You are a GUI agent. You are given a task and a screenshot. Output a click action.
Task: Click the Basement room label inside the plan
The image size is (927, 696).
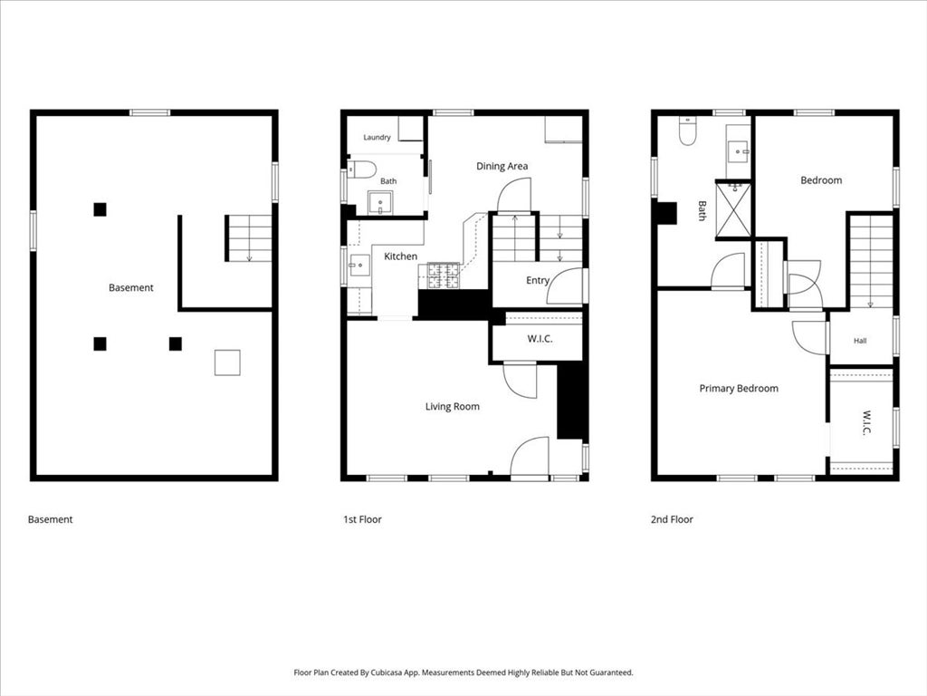[x=130, y=287]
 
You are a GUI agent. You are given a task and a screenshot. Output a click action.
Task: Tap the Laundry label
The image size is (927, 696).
[x=377, y=138]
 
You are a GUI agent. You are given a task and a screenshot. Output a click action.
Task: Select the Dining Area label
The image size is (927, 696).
[x=502, y=167]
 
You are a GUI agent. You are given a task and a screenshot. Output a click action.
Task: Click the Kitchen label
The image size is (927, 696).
[x=400, y=256]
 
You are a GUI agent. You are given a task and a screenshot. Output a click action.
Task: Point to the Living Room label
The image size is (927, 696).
[x=453, y=407]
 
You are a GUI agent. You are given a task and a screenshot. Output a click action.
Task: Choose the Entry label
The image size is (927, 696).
[x=538, y=281]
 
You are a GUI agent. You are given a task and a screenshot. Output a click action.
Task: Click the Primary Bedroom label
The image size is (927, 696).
[x=739, y=388]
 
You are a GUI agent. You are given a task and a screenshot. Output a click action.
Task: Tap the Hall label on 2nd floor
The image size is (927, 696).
[x=860, y=341]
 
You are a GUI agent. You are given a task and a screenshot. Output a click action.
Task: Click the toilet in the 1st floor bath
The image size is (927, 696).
[x=362, y=169]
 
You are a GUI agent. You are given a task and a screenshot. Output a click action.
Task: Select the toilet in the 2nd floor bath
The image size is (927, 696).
[x=687, y=130]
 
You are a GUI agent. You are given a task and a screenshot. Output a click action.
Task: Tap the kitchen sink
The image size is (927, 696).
[x=358, y=266]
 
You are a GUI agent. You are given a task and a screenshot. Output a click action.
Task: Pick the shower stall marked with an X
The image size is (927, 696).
[x=733, y=210]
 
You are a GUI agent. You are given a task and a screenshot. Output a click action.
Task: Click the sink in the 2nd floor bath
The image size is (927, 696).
[x=739, y=151]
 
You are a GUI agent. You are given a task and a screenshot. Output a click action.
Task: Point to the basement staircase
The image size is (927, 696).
[x=249, y=238]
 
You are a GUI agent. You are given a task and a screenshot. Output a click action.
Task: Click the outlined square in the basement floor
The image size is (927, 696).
[x=227, y=362]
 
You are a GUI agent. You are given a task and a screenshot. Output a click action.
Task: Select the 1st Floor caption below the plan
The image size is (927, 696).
[x=362, y=519]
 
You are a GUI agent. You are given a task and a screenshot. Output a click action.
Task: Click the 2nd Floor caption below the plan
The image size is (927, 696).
[x=672, y=519]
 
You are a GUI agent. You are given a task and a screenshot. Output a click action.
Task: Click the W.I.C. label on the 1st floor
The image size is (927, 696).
[x=540, y=339]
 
